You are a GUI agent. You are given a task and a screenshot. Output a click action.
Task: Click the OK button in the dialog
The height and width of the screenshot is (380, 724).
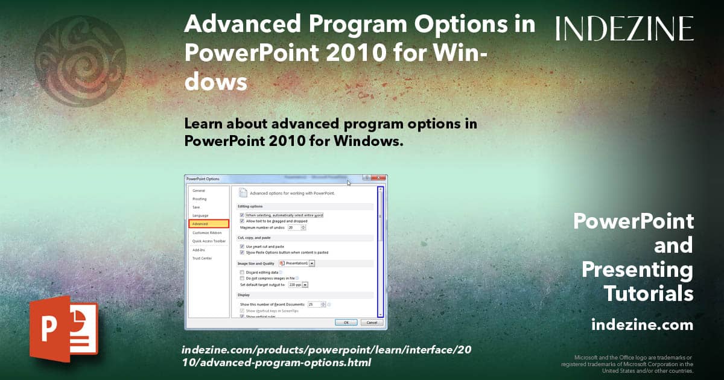pos(346,323)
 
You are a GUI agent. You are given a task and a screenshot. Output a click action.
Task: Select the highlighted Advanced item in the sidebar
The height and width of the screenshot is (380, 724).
pos(208,224)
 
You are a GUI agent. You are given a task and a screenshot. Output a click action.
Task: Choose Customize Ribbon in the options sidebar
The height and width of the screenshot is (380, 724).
pos(207,232)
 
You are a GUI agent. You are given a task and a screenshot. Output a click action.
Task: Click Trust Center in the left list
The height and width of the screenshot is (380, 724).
pos(202,258)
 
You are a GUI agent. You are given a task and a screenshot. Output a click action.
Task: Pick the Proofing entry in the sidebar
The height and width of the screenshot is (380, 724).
pos(199,199)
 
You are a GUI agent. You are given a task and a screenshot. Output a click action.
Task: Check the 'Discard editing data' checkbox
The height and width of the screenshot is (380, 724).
pos(242,273)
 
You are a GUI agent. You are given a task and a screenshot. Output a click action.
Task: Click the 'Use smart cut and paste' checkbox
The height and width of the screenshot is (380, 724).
pos(242,247)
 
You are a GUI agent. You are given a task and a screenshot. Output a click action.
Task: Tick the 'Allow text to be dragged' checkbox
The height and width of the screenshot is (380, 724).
pos(242,221)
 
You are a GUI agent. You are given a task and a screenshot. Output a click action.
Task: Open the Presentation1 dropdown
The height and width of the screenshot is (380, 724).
pos(312,264)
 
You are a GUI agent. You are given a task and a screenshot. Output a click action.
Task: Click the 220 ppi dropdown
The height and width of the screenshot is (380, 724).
pos(305,285)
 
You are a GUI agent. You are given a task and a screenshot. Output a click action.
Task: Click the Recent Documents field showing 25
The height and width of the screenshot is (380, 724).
pos(314,305)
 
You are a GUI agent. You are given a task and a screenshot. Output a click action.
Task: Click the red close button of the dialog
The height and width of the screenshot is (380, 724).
pos(379,179)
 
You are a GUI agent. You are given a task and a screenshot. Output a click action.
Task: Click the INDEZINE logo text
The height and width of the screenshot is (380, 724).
pos(624,28)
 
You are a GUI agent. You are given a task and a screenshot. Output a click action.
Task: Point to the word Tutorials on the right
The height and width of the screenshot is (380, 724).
pos(648,294)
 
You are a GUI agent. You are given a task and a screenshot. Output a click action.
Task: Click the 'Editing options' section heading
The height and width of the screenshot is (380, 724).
pos(250,206)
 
